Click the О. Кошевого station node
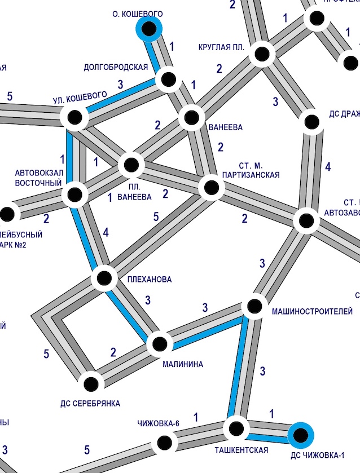150,28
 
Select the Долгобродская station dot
168,79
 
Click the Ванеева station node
192,118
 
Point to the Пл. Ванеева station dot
131,165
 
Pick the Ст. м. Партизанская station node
211,187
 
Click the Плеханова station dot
104,278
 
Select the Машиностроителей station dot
254,306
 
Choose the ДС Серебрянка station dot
91,384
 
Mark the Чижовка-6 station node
164,443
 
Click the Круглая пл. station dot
262,54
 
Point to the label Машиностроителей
312,311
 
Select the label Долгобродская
115,67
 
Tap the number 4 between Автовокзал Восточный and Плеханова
106,232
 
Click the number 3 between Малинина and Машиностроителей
205,308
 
